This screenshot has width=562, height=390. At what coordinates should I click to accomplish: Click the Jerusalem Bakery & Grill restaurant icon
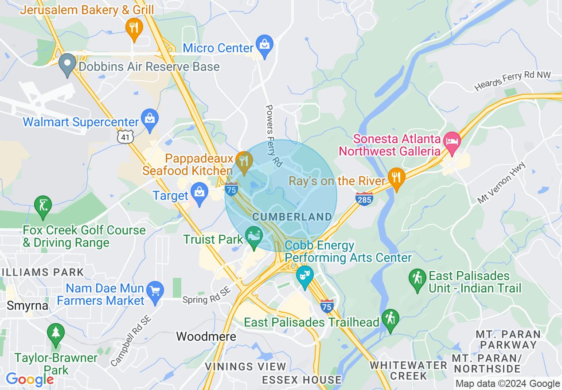click(134, 27)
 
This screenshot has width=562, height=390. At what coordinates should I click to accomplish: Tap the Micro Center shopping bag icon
click(265, 45)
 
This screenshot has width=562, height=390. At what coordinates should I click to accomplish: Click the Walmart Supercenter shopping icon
click(150, 119)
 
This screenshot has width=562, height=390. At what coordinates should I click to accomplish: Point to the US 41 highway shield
click(125, 137)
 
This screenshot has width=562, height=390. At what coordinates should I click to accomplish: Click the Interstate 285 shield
click(364, 199)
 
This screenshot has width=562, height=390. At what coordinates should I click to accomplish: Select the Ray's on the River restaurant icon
click(396, 178)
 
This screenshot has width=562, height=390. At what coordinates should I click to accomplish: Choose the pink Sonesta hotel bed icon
click(452, 142)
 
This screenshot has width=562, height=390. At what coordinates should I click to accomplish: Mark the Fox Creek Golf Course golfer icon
click(43, 206)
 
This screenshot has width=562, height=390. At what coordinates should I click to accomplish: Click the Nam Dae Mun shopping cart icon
click(155, 291)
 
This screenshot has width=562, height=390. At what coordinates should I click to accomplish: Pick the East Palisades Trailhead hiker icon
click(390, 319)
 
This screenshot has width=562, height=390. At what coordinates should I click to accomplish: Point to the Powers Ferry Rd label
click(273, 136)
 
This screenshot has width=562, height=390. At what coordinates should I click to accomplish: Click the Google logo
click(30, 379)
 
